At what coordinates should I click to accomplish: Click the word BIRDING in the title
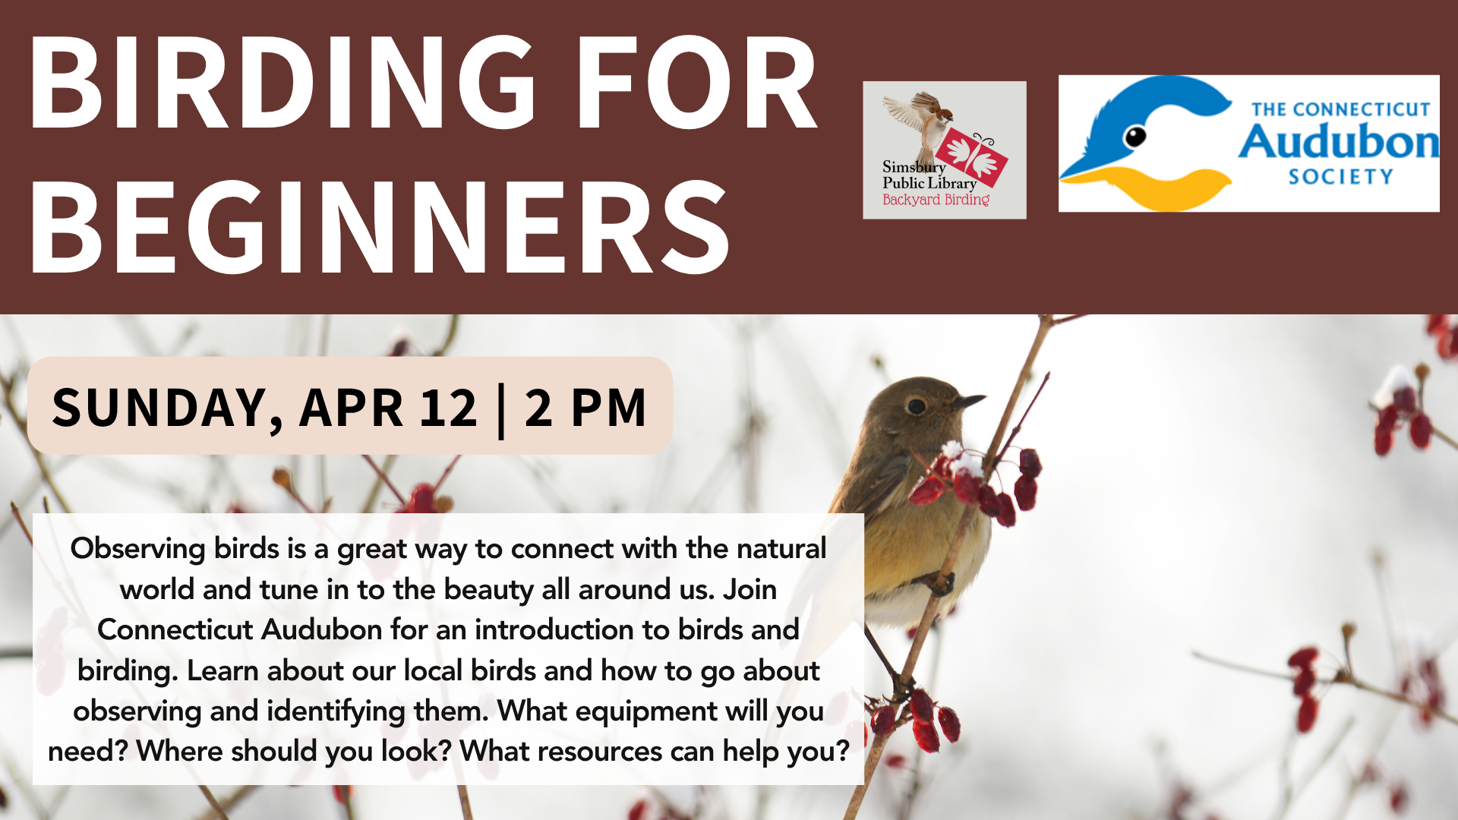click(x=283, y=84)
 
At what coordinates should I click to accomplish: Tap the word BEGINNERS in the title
click(x=380, y=227)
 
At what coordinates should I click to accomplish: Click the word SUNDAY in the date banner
click(x=168, y=408)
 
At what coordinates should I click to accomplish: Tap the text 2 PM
click(x=585, y=408)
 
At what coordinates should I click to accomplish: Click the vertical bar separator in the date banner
click(x=501, y=411)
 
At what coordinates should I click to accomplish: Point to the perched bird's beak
click(x=969, y=399)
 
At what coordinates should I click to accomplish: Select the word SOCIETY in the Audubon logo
click(x=1341, y=177)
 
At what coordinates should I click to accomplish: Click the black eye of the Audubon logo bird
click(x=1135, y=137)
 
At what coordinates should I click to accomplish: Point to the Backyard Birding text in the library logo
click(x=936, y=200)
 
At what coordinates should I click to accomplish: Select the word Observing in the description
click(x=137, y=549)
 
